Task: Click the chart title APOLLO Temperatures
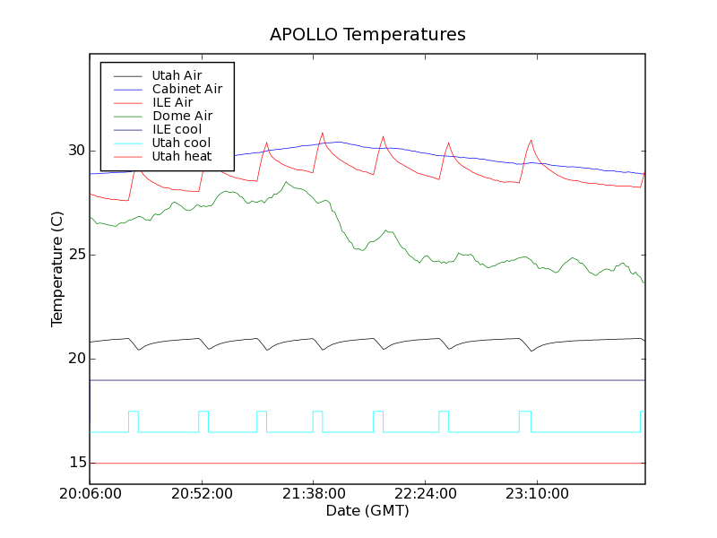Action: pyautogui.click(x=367, y=35)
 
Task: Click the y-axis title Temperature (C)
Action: pyautogui.click(x=57, y=269)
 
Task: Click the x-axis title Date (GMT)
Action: pyautogui.click(x=367, y=511)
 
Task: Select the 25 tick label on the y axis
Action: pyautogui.click(x=73, y=255)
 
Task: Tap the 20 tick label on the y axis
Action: pyautogui.click(x=73, y=359)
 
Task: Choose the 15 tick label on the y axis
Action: pyautogui.click(x=73, y=463)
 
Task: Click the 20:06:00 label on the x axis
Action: pyautogui.click(x=90, y=494)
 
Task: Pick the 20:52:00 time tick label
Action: pyautogui.click(x=202, y=494)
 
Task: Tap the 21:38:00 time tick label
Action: pyautogui.click(x=314, y=494)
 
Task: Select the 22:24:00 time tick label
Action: pyautogui.click(x=425, y=494)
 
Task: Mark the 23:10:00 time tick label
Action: pyautogui.click(x=536, y=494)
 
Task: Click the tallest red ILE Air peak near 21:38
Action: pyautogui.click(x=323, y=134)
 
